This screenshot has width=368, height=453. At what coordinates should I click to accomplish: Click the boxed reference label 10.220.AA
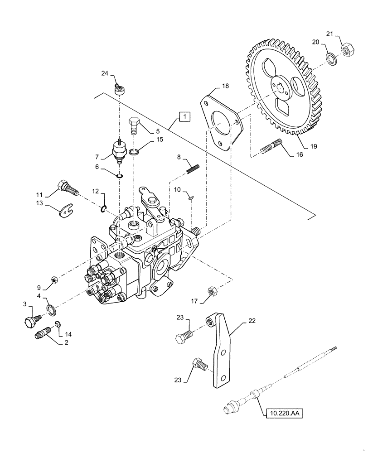[x=285, y=413]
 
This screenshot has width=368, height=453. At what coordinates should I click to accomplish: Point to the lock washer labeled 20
[x=331, y=58]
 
